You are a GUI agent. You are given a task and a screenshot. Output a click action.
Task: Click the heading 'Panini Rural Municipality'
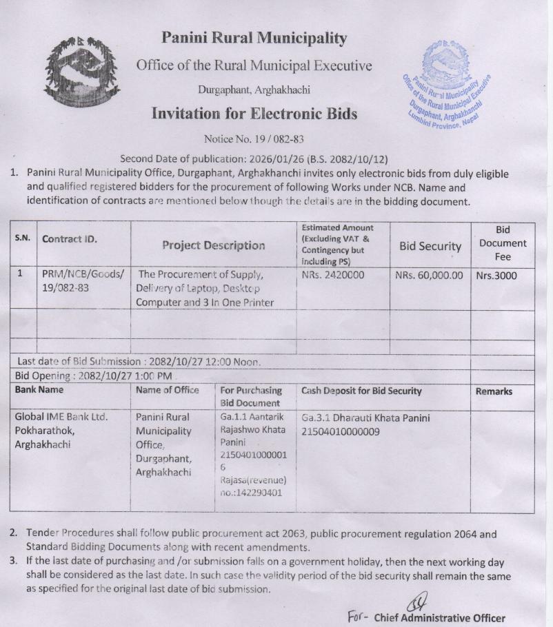click(x=254, y=39)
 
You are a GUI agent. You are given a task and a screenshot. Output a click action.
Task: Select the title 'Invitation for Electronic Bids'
click(x=254, y=114)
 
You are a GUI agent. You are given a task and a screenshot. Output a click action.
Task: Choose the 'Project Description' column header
click(x=213, y=245)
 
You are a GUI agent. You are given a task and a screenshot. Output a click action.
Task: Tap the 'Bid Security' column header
click(x=430, y=246)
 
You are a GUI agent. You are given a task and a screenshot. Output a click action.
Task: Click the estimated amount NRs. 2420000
click(x=333, y=276)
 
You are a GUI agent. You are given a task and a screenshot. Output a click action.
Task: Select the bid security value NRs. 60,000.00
click(x=429, y=276)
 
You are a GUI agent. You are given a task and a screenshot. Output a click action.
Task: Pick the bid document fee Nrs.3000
click(x=496, y=276)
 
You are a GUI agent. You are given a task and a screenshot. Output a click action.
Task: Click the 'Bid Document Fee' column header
click(x=503, y=243)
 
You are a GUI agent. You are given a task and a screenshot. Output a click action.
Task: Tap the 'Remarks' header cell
click(x=494, y=391)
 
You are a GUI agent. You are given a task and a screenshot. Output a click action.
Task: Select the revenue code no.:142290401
click(x=251, y=493)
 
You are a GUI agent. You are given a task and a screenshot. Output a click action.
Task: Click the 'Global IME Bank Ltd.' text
click(x=61, y=417)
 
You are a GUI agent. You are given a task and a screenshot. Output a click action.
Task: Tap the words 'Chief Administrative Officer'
click(x=439, y=618)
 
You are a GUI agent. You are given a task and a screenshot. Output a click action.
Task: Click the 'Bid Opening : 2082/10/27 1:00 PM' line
click(x=93, y=376)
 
